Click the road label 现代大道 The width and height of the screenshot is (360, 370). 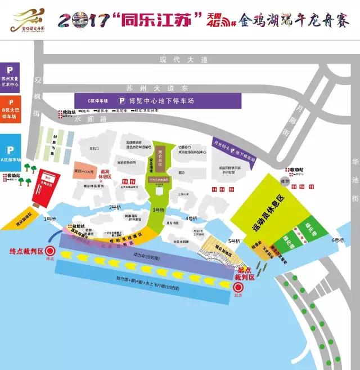point(184,59)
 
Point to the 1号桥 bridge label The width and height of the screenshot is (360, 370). point(51,219)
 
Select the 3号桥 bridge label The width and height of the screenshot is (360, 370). point(159,209)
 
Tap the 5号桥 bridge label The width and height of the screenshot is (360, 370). point(234,241)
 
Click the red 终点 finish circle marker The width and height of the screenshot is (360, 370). point(50,252)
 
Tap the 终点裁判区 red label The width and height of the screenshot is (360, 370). point(24,251)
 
